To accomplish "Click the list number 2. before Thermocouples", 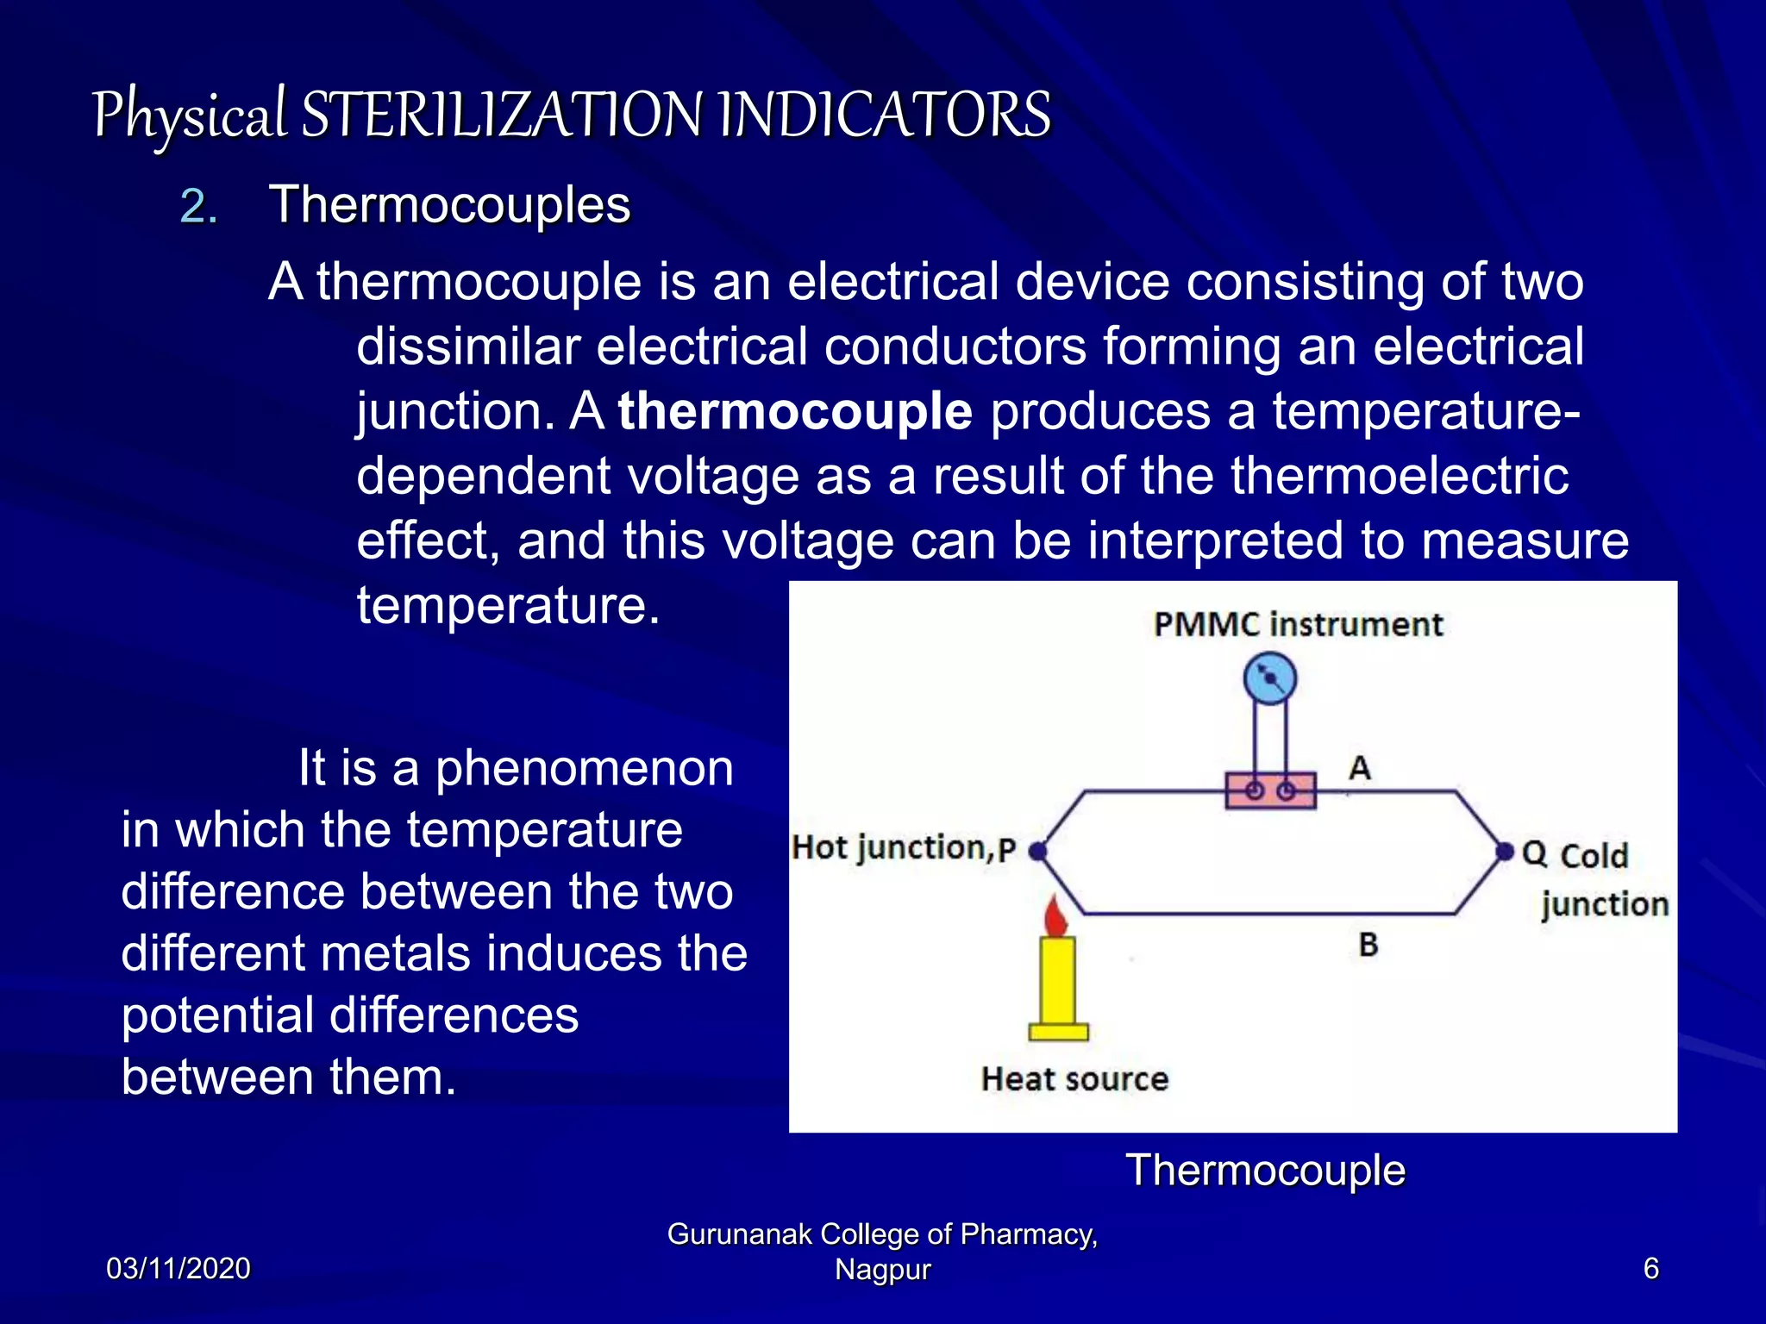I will (198, 207).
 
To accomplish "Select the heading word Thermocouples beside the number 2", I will (449, 205).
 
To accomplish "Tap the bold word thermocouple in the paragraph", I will (795, 410).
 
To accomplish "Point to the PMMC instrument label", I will (1298, 624).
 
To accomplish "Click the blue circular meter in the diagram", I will (1270, 679).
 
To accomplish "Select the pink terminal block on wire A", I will (1270, 790).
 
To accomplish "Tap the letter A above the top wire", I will (1360, 767).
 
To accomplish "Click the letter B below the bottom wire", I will (1368, 945).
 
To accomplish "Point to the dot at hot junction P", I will (1038, 852).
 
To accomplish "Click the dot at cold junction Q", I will (1505, 852).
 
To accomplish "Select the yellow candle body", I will (1057, 983).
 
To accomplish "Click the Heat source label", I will (1074, 1079).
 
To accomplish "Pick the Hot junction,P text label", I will (904, 848).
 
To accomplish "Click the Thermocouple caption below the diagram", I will (1265, 1171).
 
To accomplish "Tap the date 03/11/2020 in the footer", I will (178, 1269).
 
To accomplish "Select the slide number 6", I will (1650, 1269).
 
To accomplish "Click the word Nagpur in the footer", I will (882, 1270).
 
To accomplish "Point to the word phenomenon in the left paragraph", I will (584, 767).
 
